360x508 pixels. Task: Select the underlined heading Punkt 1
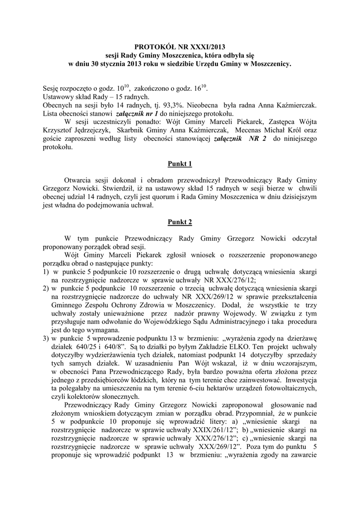click(180, 164)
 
